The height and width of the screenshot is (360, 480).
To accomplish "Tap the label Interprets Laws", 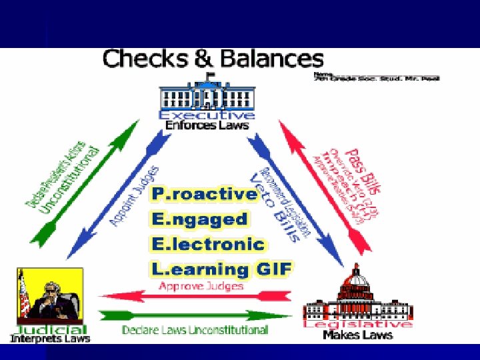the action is [x=49, y=339].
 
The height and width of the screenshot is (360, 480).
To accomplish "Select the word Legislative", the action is [x=357, y=324].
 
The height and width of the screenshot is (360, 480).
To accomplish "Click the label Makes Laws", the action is [x=357, y=335].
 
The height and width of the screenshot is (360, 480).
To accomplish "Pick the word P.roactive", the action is [x=205, y=194].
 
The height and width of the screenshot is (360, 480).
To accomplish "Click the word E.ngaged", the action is [x=199, y=219].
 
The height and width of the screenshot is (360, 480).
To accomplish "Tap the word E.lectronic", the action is [x=208, y=244].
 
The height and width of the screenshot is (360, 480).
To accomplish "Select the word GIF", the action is [x=273, y=269].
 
